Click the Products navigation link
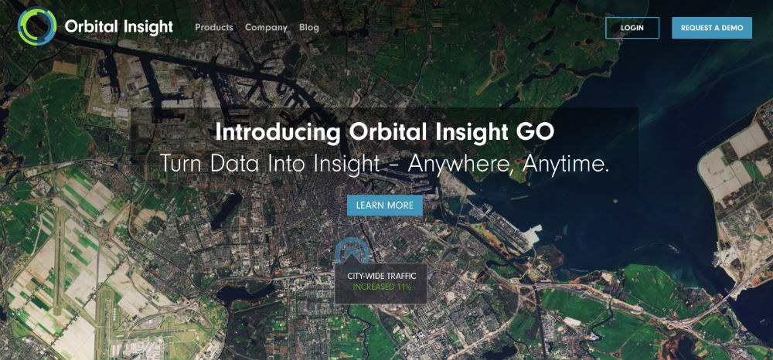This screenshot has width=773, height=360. click(214, 28)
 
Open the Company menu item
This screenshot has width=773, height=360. click(266, 28)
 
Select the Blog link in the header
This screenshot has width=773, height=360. click(309, 28)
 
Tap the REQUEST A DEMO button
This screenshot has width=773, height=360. click(712, 28)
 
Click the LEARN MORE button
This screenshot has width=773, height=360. click(385, 205)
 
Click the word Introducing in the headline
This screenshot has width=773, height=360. click(278, 133)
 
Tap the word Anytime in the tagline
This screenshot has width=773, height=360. click(567, 165)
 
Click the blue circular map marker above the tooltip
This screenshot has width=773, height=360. click(352, 250)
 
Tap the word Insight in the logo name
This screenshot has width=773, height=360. click(146, 27)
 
